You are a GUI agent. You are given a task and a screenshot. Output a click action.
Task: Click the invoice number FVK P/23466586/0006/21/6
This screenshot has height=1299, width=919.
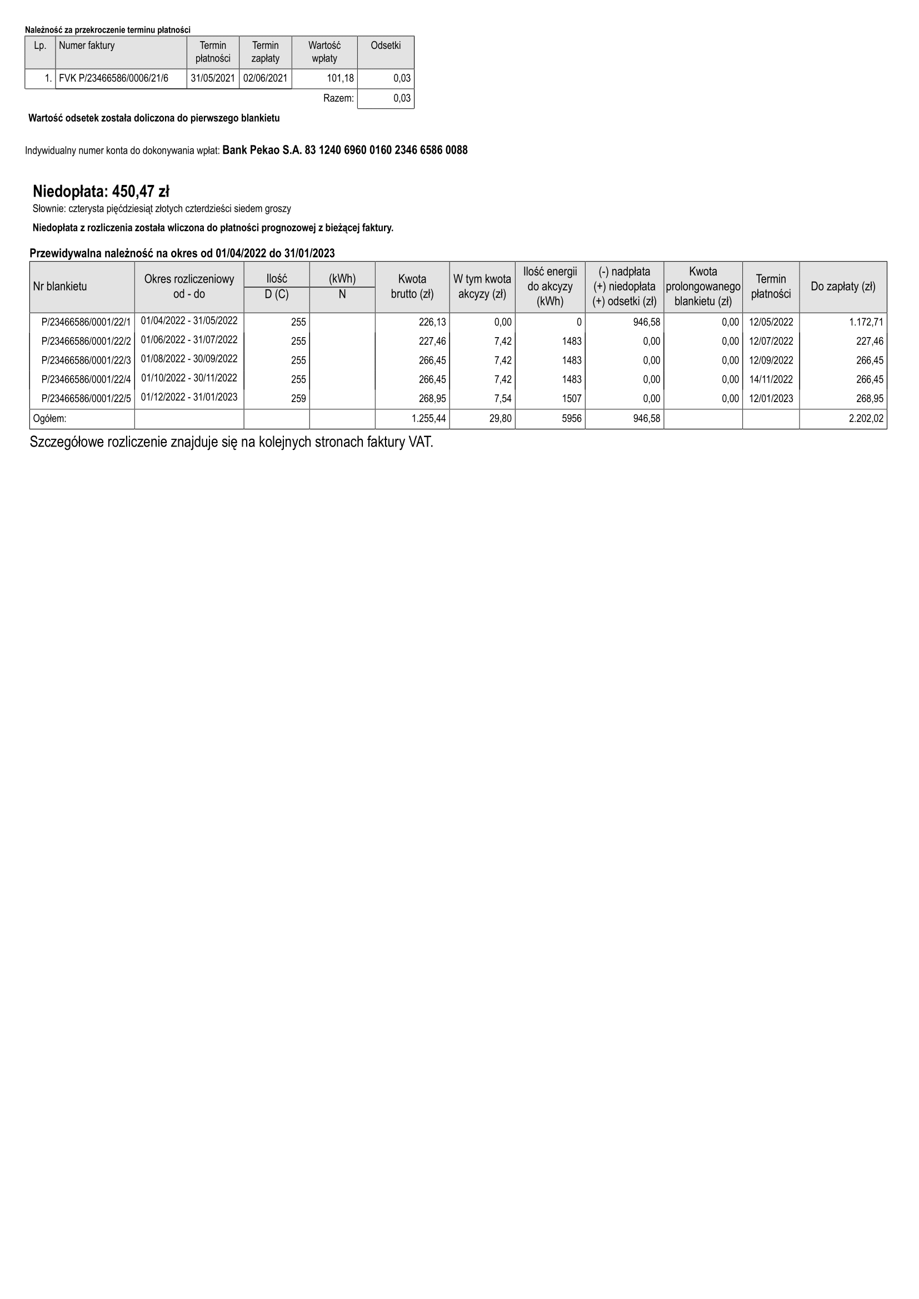pos(114,78)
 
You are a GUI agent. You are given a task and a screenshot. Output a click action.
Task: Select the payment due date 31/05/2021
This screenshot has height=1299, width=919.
pos(213,78)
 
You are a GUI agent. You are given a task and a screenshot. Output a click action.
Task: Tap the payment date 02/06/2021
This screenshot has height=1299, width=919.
pos(266,78)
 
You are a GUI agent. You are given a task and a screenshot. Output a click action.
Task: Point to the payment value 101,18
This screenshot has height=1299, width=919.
pos(341,78)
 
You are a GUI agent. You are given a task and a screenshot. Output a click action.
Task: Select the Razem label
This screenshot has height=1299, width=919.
pos(338,98)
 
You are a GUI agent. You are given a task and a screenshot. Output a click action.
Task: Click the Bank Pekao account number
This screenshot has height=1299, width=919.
pos(344,151)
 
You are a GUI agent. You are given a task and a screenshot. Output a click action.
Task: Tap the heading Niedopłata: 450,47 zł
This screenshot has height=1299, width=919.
pos(101,191)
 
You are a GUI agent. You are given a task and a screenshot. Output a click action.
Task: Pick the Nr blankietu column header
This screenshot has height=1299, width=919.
pos(60,286)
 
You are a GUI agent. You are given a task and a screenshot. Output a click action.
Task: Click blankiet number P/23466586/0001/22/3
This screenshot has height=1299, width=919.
pos(86,361)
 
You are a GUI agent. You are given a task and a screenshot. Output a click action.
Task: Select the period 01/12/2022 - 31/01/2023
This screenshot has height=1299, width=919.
pos(189,397)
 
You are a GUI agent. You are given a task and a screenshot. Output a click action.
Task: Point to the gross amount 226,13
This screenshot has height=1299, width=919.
pos(432,323)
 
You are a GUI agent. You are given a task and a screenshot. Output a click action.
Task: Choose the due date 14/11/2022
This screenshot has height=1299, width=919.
pos(771,380)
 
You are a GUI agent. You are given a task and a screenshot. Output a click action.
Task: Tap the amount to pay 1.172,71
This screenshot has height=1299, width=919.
pos(866,323)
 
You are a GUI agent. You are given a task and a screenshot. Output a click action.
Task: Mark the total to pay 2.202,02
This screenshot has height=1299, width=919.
pos(866,419)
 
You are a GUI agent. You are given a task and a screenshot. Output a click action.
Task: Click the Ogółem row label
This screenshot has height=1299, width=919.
pos(50,419)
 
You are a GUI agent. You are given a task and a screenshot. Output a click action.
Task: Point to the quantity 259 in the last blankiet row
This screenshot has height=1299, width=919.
pos(298,399)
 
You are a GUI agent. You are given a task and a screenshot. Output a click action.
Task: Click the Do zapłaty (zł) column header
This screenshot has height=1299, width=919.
pos(843,286)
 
